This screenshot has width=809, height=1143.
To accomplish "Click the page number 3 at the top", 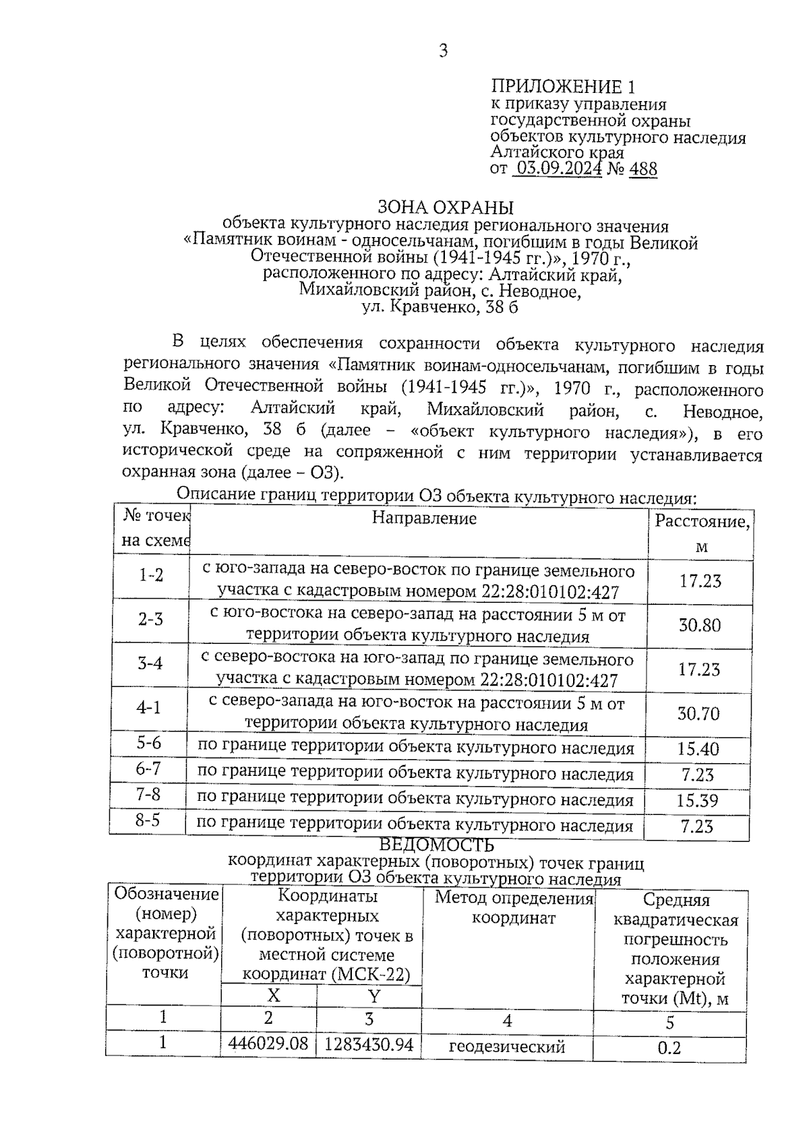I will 443,51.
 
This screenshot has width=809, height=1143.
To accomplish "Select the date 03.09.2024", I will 558,168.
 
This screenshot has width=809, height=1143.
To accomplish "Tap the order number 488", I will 642,168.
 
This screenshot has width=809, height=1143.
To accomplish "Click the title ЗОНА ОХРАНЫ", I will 445,207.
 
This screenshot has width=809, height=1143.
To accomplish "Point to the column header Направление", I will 424,518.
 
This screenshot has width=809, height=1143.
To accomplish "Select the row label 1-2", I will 150,575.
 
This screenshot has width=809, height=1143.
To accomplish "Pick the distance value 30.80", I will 699,625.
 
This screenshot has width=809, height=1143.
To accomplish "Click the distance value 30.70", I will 698,713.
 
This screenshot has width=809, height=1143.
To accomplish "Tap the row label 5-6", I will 149,744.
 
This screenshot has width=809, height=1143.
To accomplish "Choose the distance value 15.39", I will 697,800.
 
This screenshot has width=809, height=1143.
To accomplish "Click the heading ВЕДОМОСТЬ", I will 436,845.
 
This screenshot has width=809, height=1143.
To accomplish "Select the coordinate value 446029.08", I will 268,1043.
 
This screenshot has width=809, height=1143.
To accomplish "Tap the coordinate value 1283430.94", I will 368,1044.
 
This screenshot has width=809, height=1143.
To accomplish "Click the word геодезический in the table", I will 506,1047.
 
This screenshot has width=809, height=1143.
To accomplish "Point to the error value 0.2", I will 669,1048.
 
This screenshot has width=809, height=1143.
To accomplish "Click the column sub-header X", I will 273,996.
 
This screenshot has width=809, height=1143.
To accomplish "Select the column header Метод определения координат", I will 513,907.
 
